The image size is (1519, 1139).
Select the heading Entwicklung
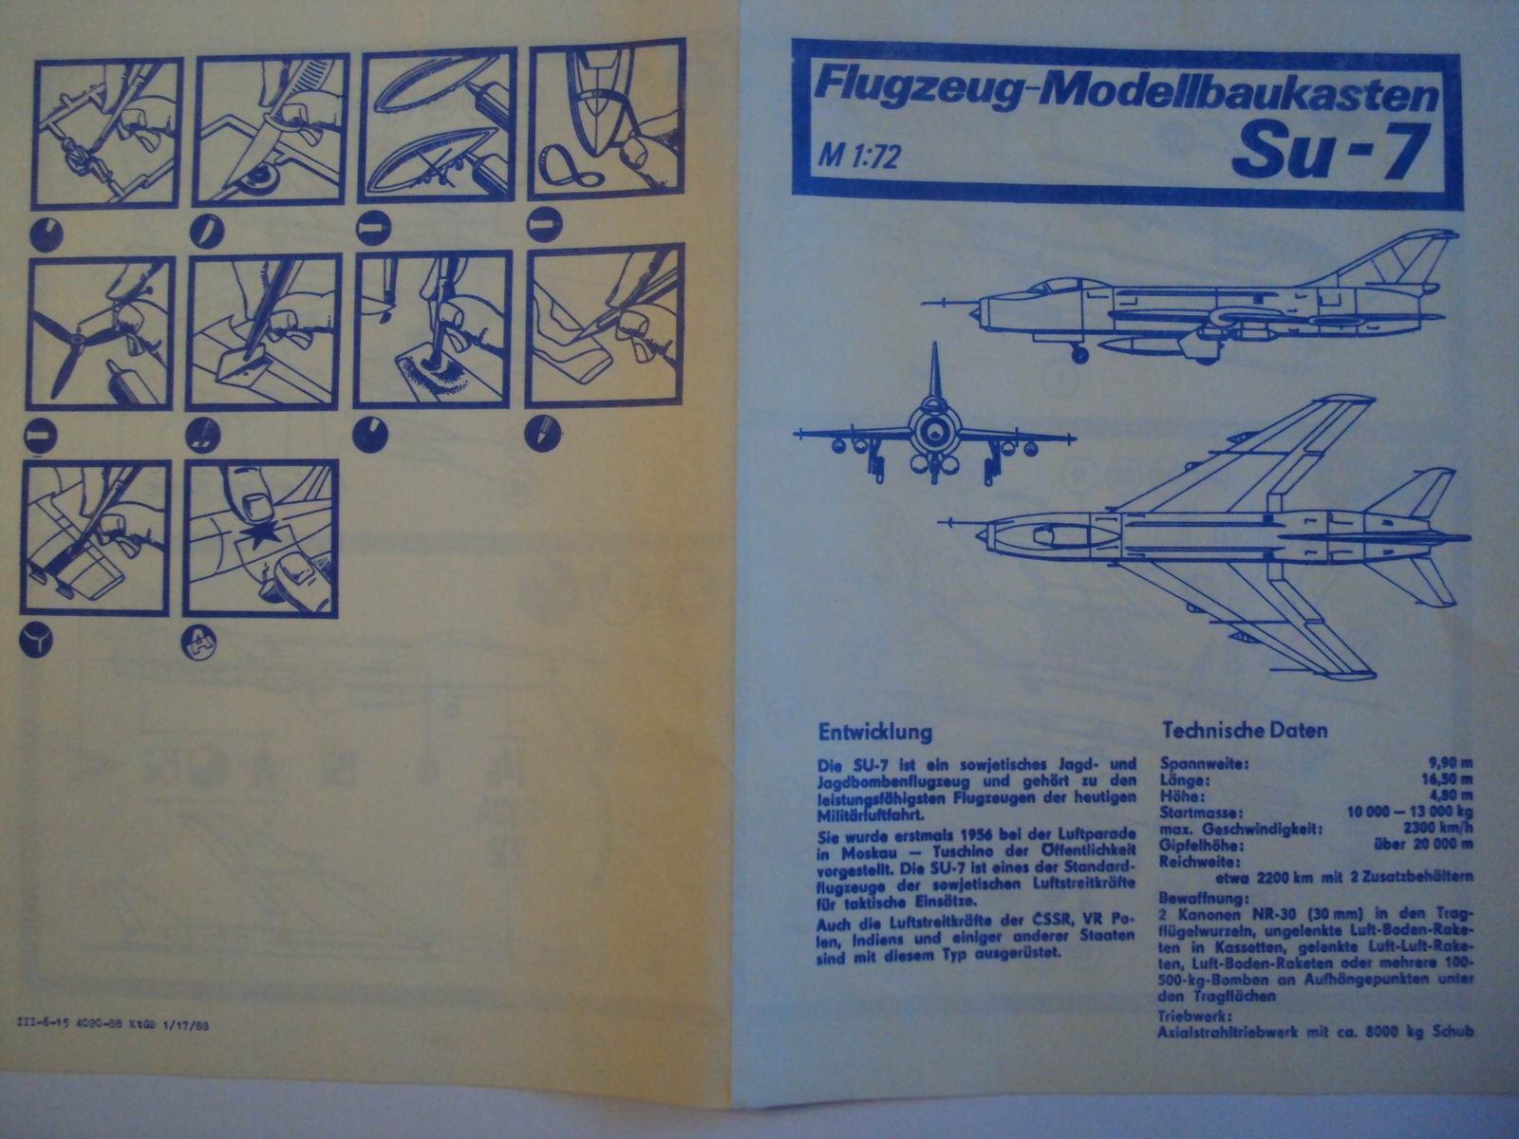click(874, 733)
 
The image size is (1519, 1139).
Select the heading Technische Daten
click(1245, 731)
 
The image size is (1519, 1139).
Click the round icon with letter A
click(199, 643)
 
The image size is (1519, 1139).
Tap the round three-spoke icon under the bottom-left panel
click(38, 644)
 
